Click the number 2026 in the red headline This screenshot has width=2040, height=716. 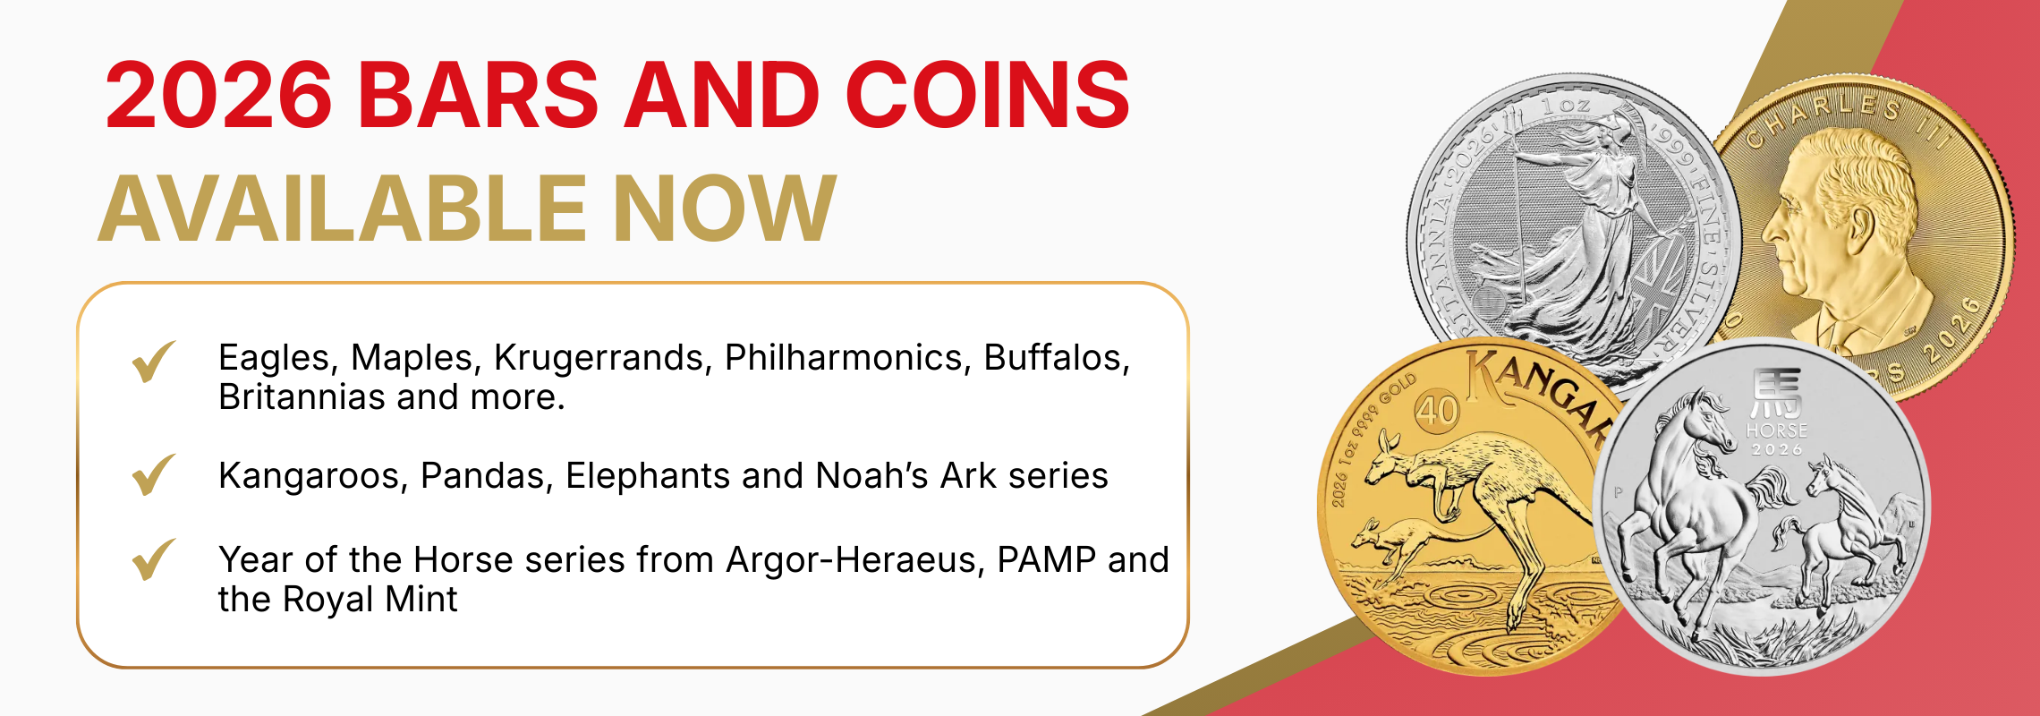218,95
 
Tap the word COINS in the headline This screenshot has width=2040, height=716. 987,95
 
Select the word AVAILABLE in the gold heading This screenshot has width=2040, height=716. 342,209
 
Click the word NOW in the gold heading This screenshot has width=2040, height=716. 725,209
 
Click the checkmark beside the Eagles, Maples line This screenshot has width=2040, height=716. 153,362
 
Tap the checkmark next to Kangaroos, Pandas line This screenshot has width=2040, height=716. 153,474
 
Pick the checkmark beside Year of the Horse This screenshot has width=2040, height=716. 153,559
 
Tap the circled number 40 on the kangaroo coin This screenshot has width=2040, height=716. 1437,412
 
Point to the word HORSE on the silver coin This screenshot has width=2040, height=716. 1777,430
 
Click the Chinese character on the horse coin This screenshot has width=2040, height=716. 1777,394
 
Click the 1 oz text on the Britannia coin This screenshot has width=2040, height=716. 1565,106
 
